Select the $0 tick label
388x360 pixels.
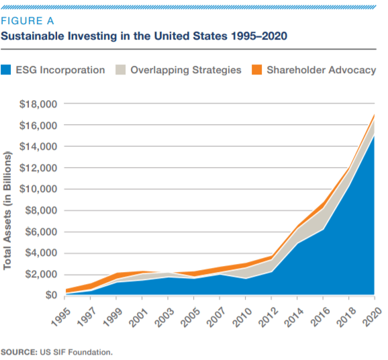click(51, 295)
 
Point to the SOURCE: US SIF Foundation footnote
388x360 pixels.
click(57, 351)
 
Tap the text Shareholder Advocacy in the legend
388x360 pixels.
click(321, 70)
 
